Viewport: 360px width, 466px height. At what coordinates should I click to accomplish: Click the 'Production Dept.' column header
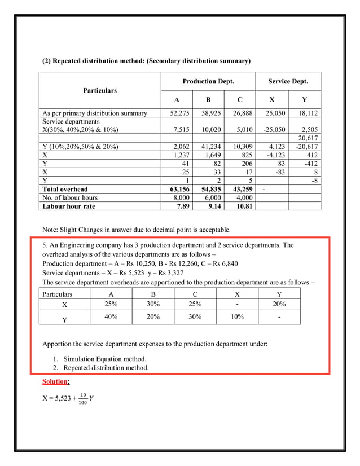click(208, 82)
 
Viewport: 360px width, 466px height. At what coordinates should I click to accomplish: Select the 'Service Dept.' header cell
click(288, 82)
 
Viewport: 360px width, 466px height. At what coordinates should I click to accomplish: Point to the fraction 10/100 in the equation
click(83, 398)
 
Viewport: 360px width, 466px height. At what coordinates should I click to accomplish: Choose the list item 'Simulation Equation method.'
click(104, 359)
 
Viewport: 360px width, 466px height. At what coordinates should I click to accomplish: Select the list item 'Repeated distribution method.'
click(106, 368)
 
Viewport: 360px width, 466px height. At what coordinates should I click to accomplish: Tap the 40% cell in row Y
click(111, 317)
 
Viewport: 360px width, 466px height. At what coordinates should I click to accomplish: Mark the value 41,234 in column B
click(211, 147)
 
